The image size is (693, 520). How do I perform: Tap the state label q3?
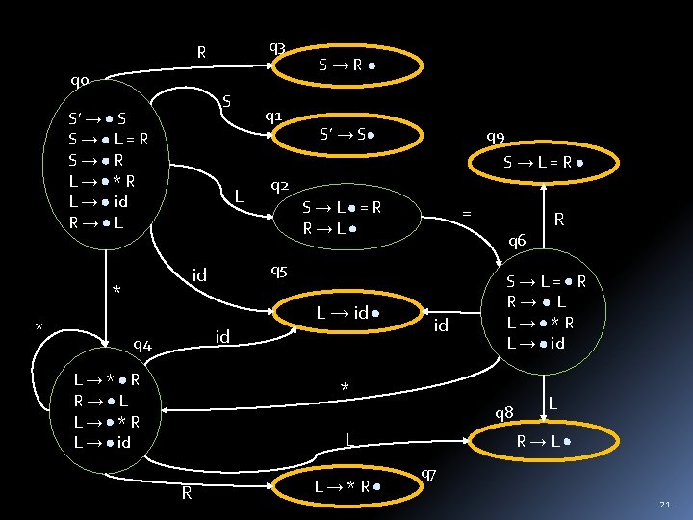click(x=276, y=47)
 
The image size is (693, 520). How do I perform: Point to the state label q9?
click(x=497, y=137)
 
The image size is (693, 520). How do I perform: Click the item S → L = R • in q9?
click(x=545, y=165)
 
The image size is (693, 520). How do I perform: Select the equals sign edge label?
click(x=467, y=211)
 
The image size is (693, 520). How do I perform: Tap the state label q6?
click(x=517, y=240)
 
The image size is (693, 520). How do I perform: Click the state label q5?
click(x=279, y=270)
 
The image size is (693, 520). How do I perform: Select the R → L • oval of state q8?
click(x=545, y=442)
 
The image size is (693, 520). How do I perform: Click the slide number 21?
click(x=665, y=504)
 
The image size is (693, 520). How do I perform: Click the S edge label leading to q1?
click(x=226, y=101)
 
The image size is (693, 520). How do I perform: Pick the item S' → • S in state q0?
click(x=96, y=120)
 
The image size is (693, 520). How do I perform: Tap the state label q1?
click(x=273, y=117)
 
